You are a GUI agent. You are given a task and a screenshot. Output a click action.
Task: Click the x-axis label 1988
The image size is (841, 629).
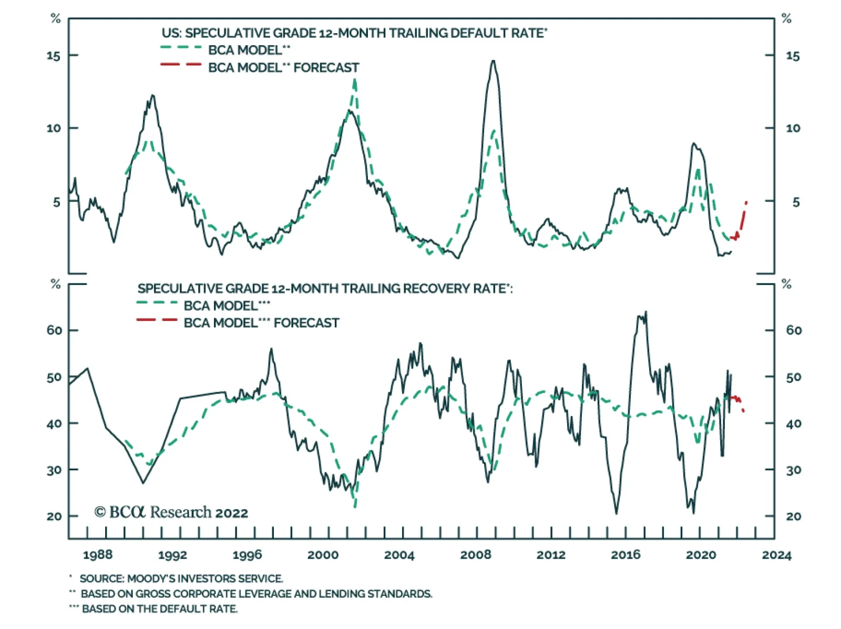point(98,555)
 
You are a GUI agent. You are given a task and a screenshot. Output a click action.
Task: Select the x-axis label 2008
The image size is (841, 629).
point(476,555)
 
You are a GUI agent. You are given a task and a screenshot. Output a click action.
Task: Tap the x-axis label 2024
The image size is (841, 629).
point(777,555)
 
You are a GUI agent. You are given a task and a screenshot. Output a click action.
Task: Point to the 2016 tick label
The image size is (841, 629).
point(625,555)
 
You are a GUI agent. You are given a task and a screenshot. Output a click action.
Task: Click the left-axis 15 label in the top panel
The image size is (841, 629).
point(54,56)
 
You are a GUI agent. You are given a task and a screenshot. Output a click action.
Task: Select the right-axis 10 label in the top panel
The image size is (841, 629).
point(793,128)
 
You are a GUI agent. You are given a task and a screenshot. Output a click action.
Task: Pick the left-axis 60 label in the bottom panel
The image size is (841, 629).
point(54,330)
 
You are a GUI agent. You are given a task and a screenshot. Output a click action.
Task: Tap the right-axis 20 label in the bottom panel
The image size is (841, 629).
point(794,516)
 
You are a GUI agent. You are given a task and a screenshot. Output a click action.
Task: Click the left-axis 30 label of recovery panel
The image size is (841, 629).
point(54,470)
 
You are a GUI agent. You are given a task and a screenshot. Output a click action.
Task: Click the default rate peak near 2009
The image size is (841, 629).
point(493,61)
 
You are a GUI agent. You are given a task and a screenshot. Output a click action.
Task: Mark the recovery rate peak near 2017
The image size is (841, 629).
point(645,312)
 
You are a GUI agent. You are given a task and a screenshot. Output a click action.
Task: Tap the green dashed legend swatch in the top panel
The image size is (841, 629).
point(181,48)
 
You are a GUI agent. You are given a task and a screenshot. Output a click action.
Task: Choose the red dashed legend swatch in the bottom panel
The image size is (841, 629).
point(157,320)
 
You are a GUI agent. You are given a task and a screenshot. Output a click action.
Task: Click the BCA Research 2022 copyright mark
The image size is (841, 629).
point(171,512)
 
